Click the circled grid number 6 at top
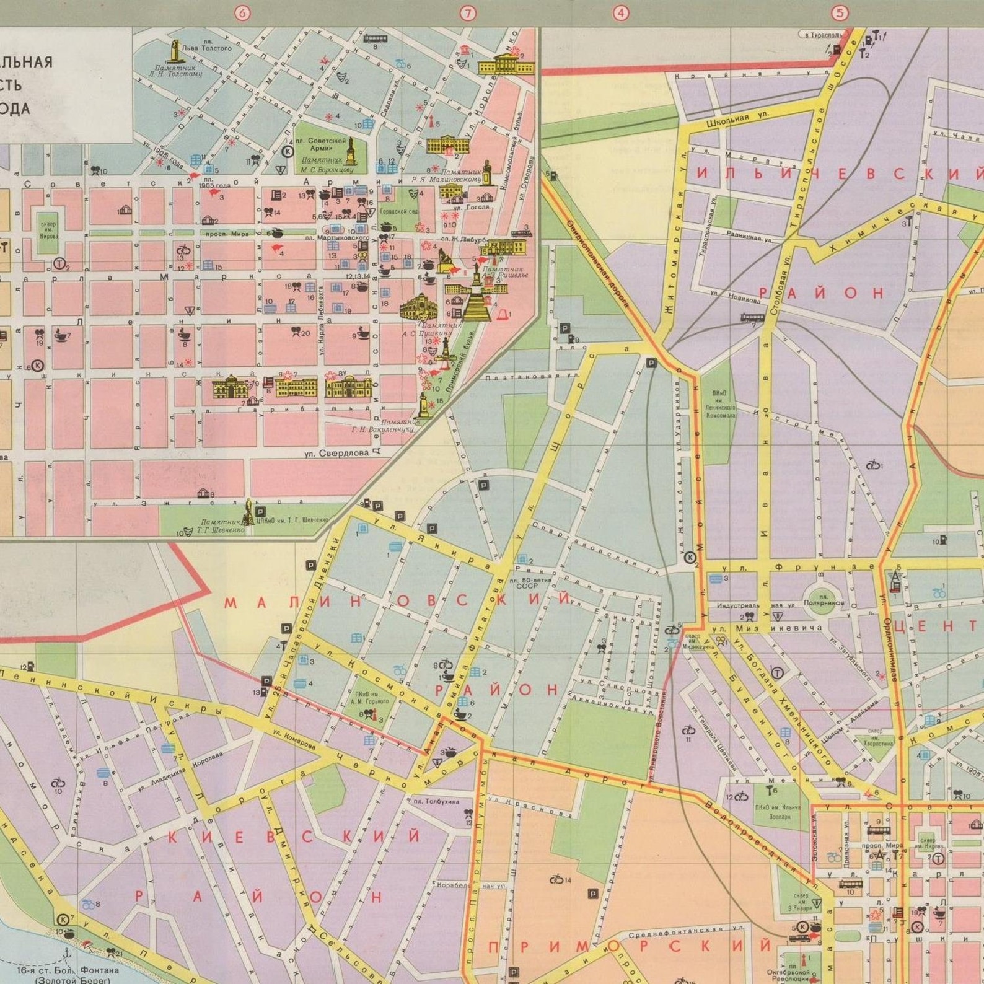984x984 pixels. coord(242,13)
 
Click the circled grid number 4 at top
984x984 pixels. coord(620,13)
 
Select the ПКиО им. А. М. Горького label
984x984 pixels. coord(372,698)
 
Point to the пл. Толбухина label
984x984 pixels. coord(437,802)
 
